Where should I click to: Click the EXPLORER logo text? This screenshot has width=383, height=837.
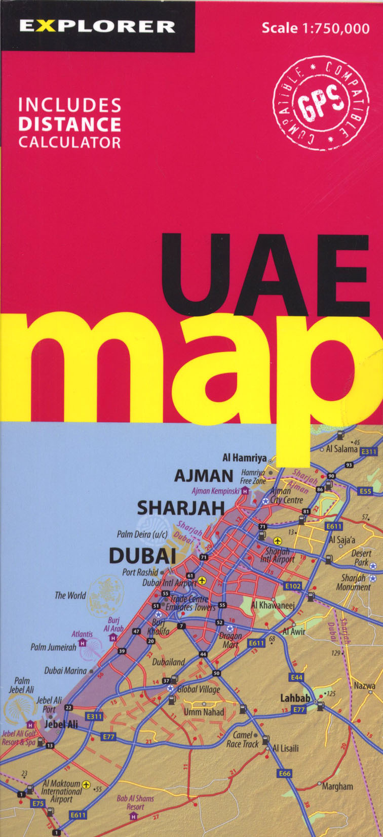[x=97, y=26]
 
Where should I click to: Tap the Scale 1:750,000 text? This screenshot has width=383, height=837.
[x=315, y=28]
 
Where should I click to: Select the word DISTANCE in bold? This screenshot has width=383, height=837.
[x=70, y=124]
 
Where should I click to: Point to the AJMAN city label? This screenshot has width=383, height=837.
[x=204, y=476]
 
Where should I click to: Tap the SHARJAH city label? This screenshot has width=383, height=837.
[x=181, y=508]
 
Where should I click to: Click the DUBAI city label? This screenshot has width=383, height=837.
[x=143, y=556]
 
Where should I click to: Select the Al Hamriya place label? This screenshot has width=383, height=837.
[x=245, y=458]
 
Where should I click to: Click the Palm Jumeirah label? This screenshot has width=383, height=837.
[x=53, y=647]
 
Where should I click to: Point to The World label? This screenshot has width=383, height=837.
[x=70, y=595]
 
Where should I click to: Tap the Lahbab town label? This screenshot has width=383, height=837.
[x=295, y=698]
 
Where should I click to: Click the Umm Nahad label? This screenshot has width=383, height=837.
[x=204, y=712]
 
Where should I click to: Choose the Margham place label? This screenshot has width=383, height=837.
[x=337, y=786]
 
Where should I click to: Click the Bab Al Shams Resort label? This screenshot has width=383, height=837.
[x=135, y=802]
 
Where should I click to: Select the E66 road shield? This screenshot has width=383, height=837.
[x=285, y=774]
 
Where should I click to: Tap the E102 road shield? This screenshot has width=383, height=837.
[x=293, y=586]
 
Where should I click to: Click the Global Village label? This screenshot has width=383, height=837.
[x=198, y=689]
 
